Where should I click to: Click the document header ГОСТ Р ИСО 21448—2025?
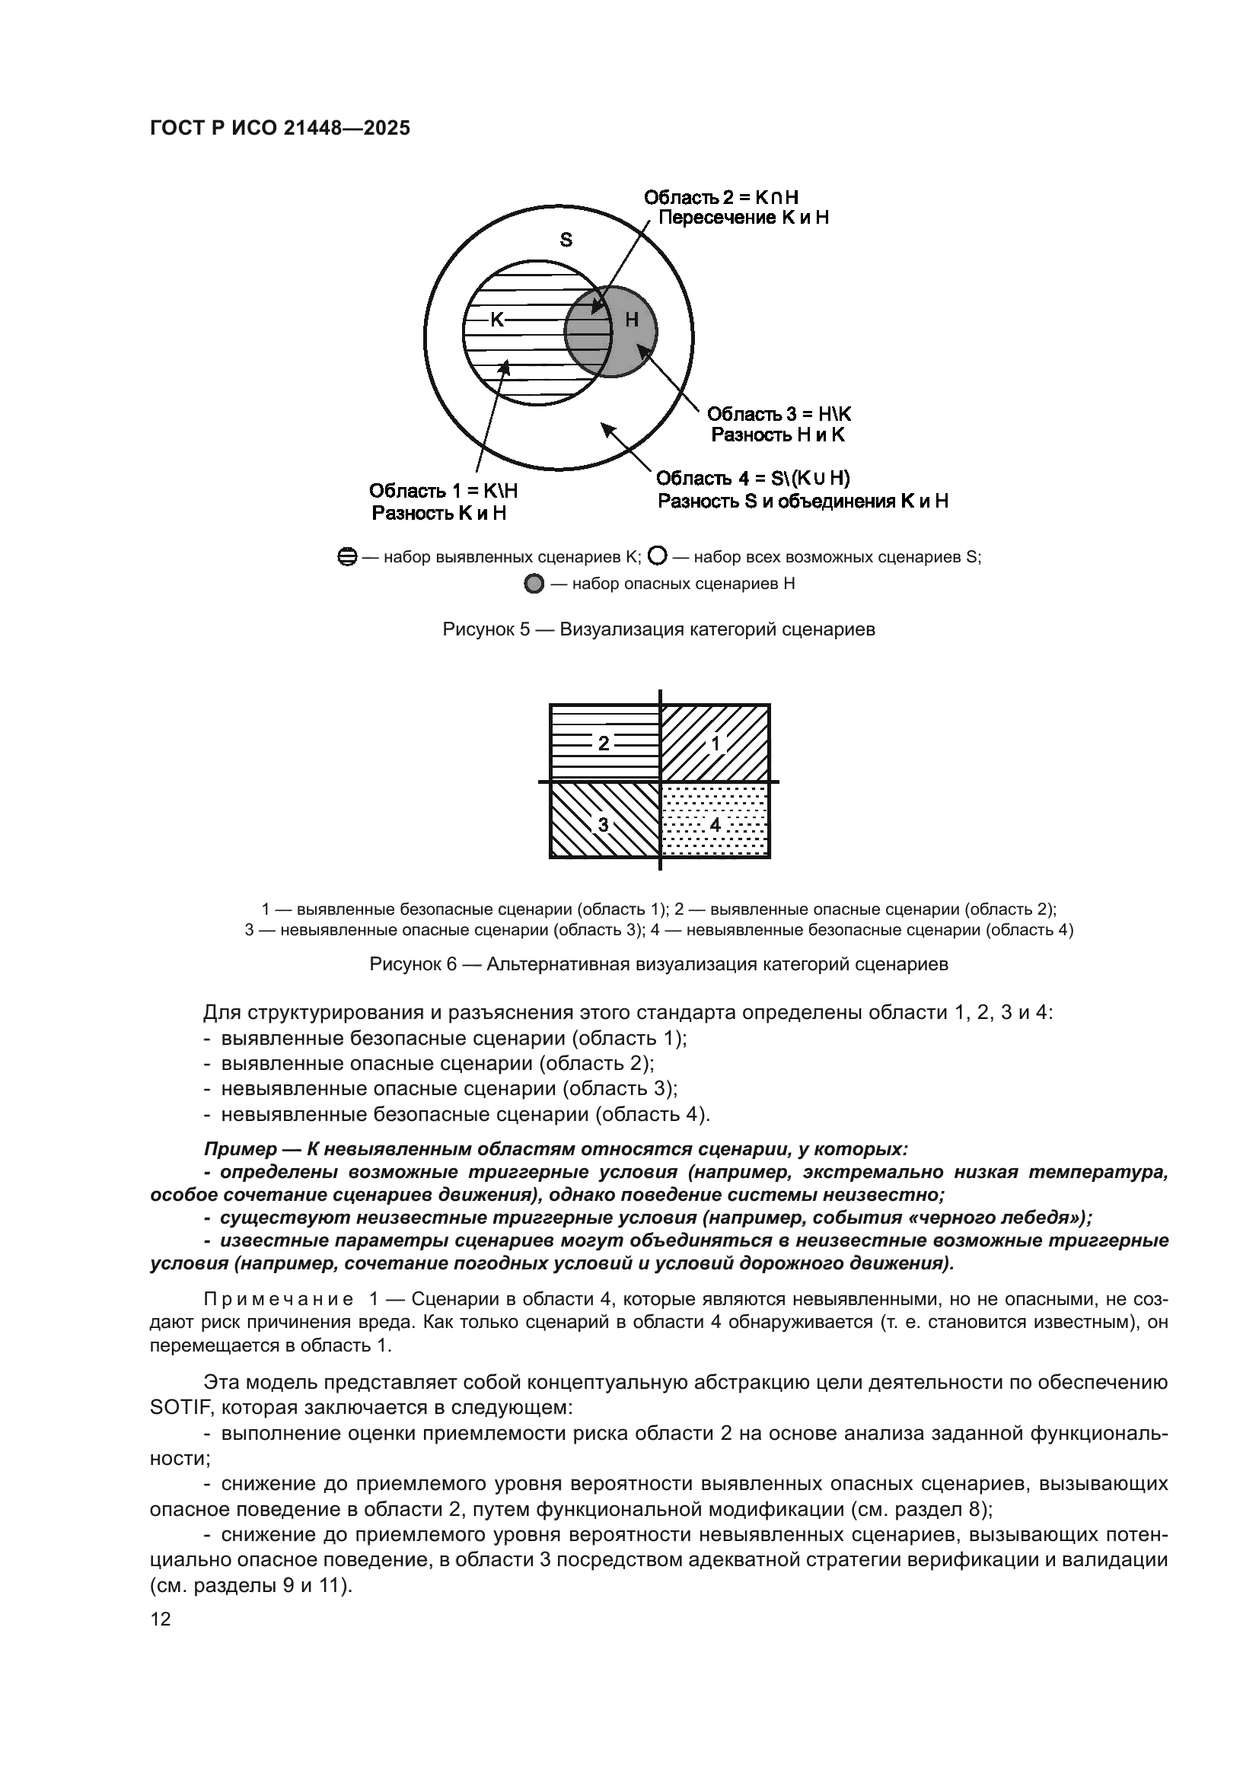pyautogui.click(x=280, y=129)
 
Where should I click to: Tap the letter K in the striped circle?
pyautogui.click(x=497, y=320)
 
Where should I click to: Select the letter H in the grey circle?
pyautogui.click(x=631, y=320)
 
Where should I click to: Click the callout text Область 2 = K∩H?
pyautogui.click(x=721, y=197)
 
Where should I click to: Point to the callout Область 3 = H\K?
pyautogui.click(x=779, y=414)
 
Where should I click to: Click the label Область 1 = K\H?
pyautogui.click(x=444, y=491)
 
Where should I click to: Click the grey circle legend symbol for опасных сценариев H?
pyautogui.click(x=534, y=584)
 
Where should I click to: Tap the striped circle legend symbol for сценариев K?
pyautogui.click(x=347, y=556)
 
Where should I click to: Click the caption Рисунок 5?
pyautogui.click(x=658, y=629)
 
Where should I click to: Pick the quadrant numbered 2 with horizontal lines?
pyautogui.click(x=604, y=744)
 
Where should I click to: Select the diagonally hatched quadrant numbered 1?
pyautogui.click(x=716, y=744)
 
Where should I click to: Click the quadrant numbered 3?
pyautogui.click(x=604, y=824)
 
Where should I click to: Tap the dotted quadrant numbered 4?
pyautogui.click(x=716, y=824)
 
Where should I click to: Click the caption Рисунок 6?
pyautogui.click(x=658, y=964)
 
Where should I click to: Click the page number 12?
pyautogui.click(x=161, y=1619)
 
